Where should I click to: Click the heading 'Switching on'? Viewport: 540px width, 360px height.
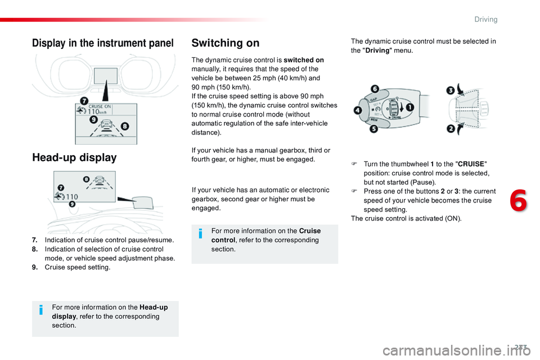point(226,43)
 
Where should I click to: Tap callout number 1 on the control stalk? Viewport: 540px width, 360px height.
point(411,107)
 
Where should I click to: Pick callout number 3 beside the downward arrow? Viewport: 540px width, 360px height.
point(451,90)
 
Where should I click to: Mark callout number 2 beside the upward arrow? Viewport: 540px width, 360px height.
point(451,129)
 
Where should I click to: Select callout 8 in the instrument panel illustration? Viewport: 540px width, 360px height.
point(124,127)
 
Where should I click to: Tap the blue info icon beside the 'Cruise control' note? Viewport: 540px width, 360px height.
point(202,234)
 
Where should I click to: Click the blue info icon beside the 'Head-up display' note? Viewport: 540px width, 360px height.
point(42,310)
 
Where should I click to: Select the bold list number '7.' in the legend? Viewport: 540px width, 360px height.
point(35,240)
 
